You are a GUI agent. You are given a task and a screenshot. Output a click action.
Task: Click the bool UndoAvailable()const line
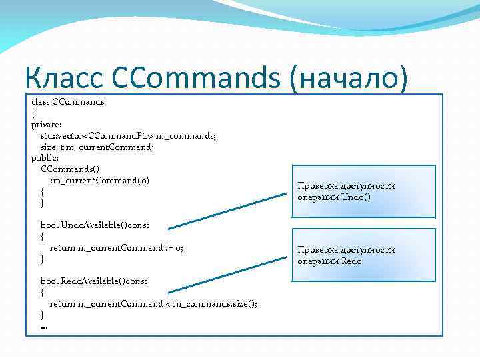95,225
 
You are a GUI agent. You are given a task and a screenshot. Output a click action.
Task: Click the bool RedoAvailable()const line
94,281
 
